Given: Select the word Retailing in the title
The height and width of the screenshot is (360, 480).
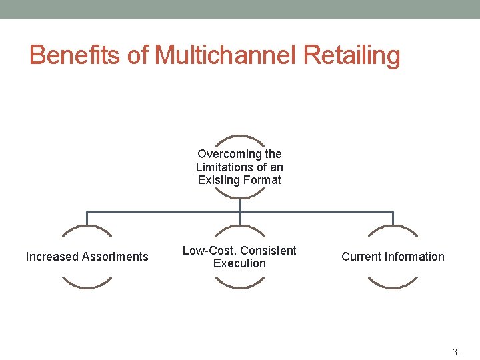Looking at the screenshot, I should (x=351, y=55).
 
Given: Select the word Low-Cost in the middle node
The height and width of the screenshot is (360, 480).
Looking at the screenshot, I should (x=208, y=251).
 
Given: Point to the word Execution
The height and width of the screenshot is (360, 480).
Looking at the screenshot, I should (x=239, y=263).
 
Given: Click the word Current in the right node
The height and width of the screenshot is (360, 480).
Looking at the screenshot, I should (x=361, y=257).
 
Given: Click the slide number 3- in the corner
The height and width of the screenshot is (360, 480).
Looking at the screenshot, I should (x=456, y=351).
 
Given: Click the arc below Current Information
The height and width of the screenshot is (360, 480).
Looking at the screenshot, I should (x=393, y=286).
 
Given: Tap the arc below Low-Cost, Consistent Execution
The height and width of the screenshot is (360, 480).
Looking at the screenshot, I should (x=240, y=286).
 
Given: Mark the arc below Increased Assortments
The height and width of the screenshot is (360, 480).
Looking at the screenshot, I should (x=87, y=286).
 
